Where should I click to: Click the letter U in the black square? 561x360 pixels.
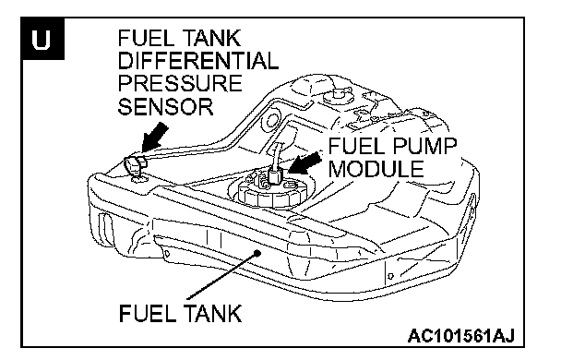pyautogui.click(x=41, y=39)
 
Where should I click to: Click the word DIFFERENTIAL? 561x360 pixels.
pyautogui.click(x=197, y=61)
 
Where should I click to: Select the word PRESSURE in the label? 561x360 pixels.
pyautogui.click(x=180, y=83)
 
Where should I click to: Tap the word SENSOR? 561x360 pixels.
pyautogui.click(x=165, y=106)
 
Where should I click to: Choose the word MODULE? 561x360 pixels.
pyautogui.click(x=376, y=169)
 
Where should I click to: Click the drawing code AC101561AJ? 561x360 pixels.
pyautogui.click(x=461, y=336)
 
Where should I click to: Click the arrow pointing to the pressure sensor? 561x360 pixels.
pyautogui.click(x=154, y=138)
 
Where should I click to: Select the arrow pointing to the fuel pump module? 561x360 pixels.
pyautogui.click(x=304, y=162)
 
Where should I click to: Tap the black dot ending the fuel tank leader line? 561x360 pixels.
pyautogui.click(x=257, y=253)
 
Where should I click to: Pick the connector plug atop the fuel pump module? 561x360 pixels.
pyautogui.click(x=275, y=175)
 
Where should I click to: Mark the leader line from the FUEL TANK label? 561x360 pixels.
pyautogui.click(x=221, y=276)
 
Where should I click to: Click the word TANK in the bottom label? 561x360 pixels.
pyautogui.click(x=213, y=313)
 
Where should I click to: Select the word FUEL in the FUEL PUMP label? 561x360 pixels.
pyautogui.click(x=353, y=146)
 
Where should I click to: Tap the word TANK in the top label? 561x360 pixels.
pyautogui.click(x=212, y=38)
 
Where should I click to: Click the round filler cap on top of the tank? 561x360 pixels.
pyautogui.click(x=338, y=96)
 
